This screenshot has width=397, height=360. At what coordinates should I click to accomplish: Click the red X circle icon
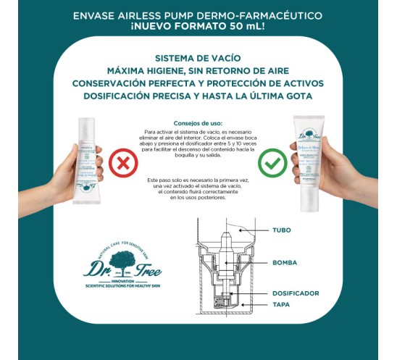tap(124, 164)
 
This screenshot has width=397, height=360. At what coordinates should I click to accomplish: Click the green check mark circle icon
tap(273, 164)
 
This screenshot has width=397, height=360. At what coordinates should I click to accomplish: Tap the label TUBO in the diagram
tap(282, 230)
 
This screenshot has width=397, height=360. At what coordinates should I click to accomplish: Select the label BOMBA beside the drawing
tap(285, 263)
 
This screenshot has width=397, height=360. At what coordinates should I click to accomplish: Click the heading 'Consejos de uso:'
tap(198, 123)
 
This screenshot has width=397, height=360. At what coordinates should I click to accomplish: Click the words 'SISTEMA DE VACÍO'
tap(198, 58)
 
